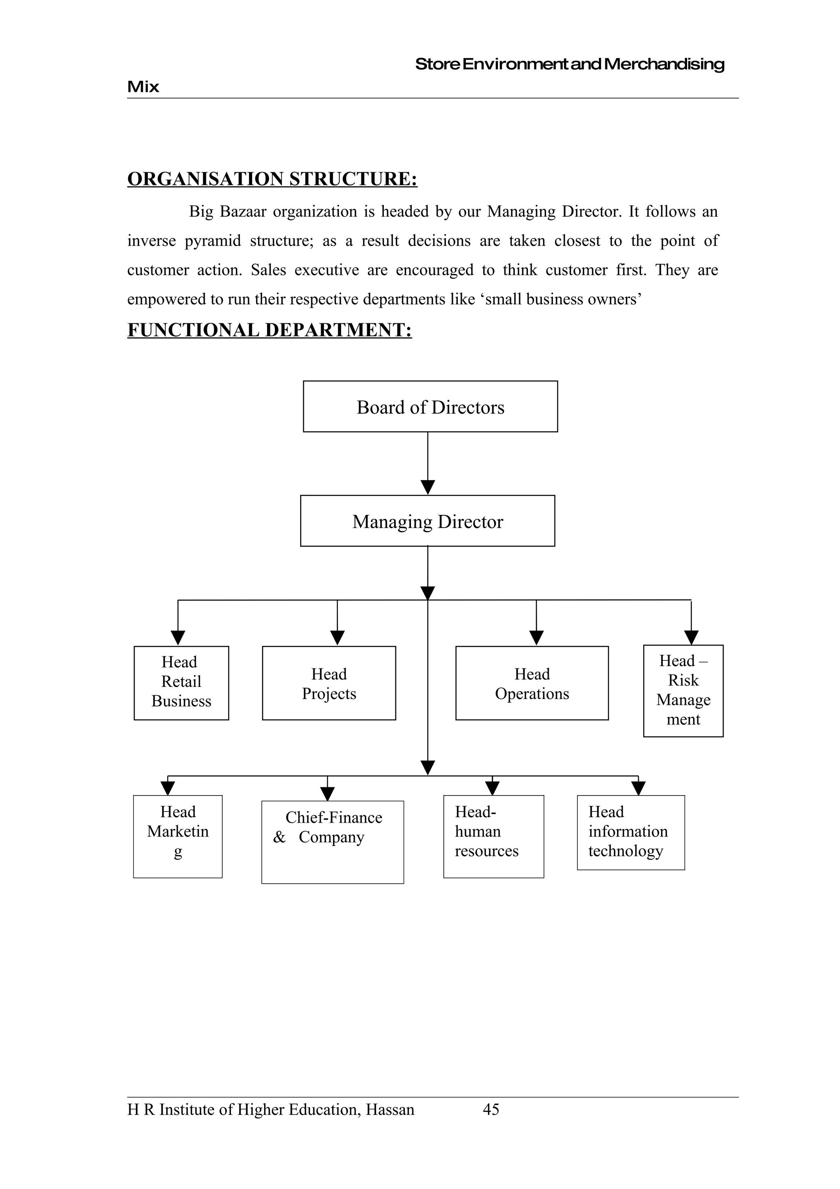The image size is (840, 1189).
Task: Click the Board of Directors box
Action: coord(430,407)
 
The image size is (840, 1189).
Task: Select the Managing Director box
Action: coord(427,521)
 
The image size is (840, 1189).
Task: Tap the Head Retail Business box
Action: coord(181,683)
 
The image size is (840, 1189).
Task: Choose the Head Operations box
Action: coord(532,683)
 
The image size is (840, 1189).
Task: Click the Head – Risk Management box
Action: coord(683,691)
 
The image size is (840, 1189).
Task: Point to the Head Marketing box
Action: coord(178,836)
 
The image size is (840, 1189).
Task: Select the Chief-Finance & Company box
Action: coord(332,842)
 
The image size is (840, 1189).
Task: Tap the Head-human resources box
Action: coord(493,836)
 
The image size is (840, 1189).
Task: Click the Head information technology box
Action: coord(630,833)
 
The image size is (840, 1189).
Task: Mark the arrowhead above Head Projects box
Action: coord(338,638)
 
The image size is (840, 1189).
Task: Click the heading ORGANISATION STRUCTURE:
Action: coord(272,179)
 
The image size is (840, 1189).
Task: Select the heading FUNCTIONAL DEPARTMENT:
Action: coord(269,330)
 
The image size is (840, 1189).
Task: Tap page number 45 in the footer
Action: coord(491,1109)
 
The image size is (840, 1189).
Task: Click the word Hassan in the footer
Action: coord(390,1110)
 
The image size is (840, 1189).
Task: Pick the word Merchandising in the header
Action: coord(664,64)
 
